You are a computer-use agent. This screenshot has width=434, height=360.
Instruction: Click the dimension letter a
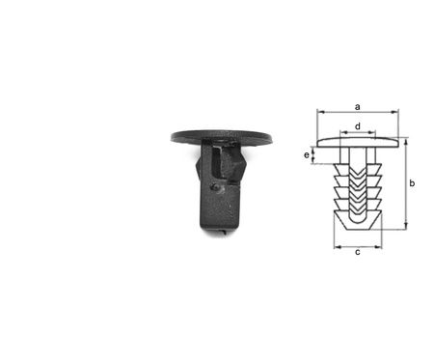(x=358, y=107)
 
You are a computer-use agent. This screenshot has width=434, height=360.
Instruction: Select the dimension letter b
(x=412, y=183)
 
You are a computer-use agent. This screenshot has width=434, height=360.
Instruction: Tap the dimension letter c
(x=358, y=252)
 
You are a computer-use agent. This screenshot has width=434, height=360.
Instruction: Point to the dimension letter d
(x=358, y=126)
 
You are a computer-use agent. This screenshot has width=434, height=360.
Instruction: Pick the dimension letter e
(x=307, y=155)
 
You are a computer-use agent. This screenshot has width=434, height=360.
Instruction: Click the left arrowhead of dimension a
(x=320, y=112)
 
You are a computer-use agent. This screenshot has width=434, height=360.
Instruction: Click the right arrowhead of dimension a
(x=395, y=112)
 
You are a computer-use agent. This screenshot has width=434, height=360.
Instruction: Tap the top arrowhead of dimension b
(x=406, y=143)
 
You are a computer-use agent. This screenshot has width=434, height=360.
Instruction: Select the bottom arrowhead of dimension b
(x=406, y=226)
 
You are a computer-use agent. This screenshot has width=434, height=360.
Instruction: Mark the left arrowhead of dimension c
(x=338, y=247)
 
